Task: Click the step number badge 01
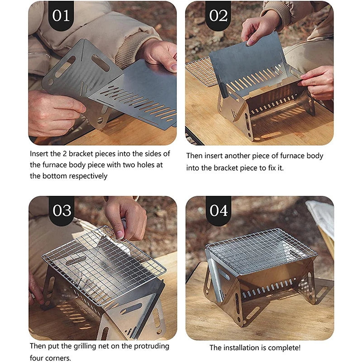click(61, 16)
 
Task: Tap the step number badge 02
click(218, 16)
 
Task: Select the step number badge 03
click(61, 211)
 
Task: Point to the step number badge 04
click(218, 211)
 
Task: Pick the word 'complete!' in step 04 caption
click(283, 348)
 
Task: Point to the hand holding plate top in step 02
click(260, 29)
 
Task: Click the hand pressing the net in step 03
click(124, 217)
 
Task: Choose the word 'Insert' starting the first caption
click(39, 154)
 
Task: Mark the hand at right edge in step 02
click(319, 81)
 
